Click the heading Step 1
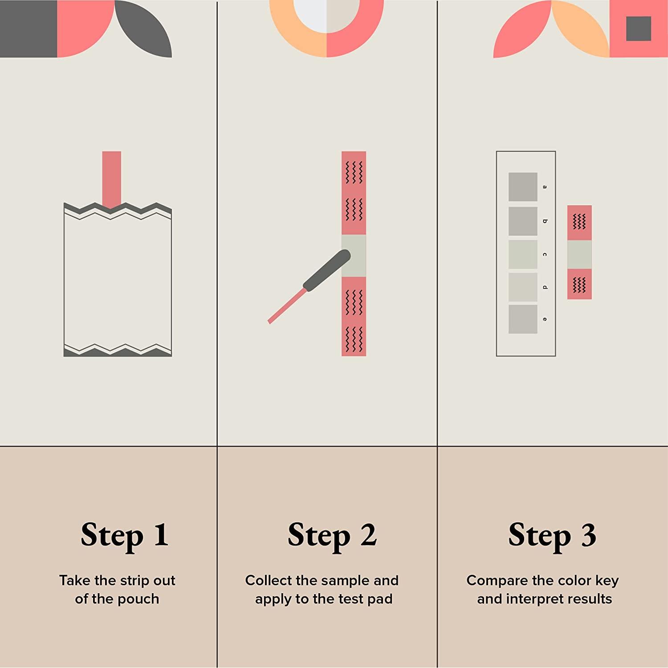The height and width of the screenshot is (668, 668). pyautogui.click(x=125, y=535)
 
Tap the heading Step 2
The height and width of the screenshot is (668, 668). pyautogui.click(x=332, y=535)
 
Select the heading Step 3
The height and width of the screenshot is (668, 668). pyautogui.click(x=552, y=535)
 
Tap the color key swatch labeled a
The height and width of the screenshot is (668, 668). pyautogui.click(x=523, y=187)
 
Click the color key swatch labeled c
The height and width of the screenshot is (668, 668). pyautogui.click(x=523, y=254)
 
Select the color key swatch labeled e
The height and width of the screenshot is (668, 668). pyautogui.click(x=523, y=319)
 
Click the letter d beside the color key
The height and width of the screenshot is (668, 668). pyautogui.click(x=545, y=287)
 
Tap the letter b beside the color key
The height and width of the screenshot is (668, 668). pyautogui.click(x=545, y=221)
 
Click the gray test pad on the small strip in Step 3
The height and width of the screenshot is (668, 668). pyautogui.click(x=579, y=254)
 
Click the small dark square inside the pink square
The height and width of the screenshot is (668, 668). pyautogui.click(x=639, y=29)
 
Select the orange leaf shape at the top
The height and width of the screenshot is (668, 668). pyautogui.click(x=580, y=29)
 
